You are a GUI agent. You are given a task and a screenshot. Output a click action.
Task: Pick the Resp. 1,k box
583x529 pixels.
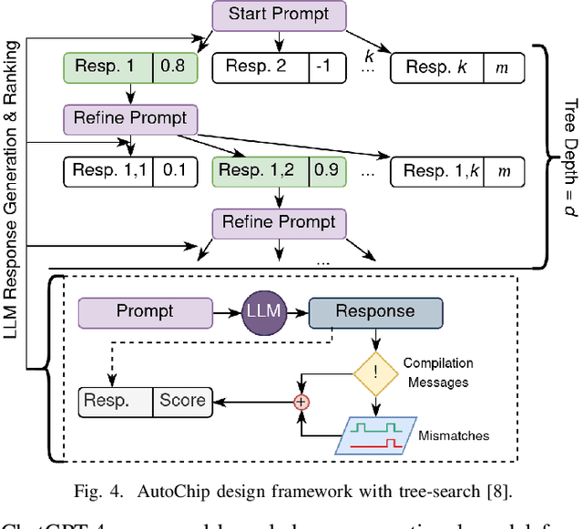point(440,170)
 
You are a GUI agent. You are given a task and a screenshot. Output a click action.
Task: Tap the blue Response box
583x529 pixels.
point(375,312)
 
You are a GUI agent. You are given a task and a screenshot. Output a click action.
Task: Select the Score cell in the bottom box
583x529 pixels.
point(181,399)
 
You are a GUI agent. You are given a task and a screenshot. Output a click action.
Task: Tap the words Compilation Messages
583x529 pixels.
point(437,372)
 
